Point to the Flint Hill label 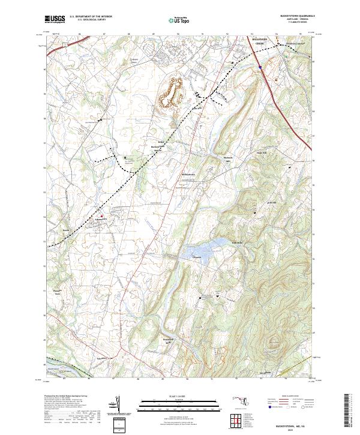click(270, 203)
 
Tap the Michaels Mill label click(227, 160)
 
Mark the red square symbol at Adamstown click(101, 216)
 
